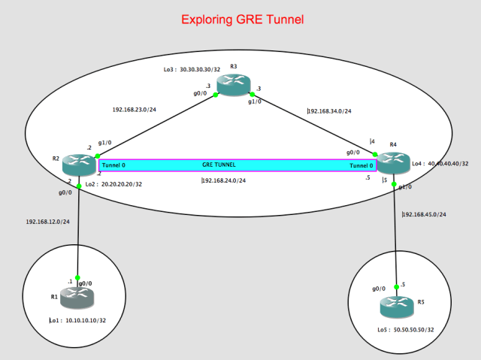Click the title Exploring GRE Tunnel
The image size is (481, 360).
tap(240, 19)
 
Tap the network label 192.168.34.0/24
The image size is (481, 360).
tap(330, 111)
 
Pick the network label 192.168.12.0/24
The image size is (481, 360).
tap(47, 222)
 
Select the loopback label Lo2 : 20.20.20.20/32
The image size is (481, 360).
tap(112, 183)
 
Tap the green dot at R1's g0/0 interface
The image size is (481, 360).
tap(77, 277)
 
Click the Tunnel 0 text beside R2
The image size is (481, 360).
tap(113, 165)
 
